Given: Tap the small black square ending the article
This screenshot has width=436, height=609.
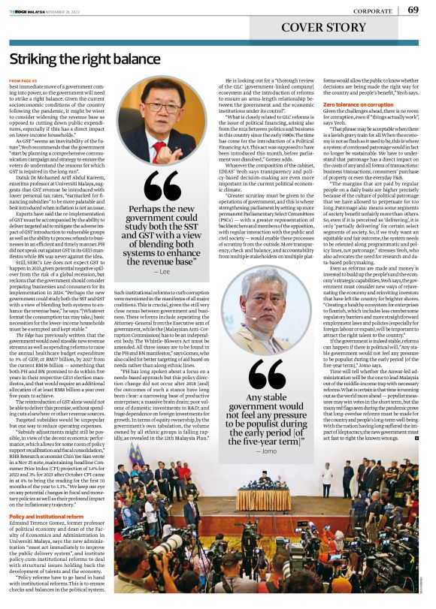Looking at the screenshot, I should pyautogui.click(x=416, y=437).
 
